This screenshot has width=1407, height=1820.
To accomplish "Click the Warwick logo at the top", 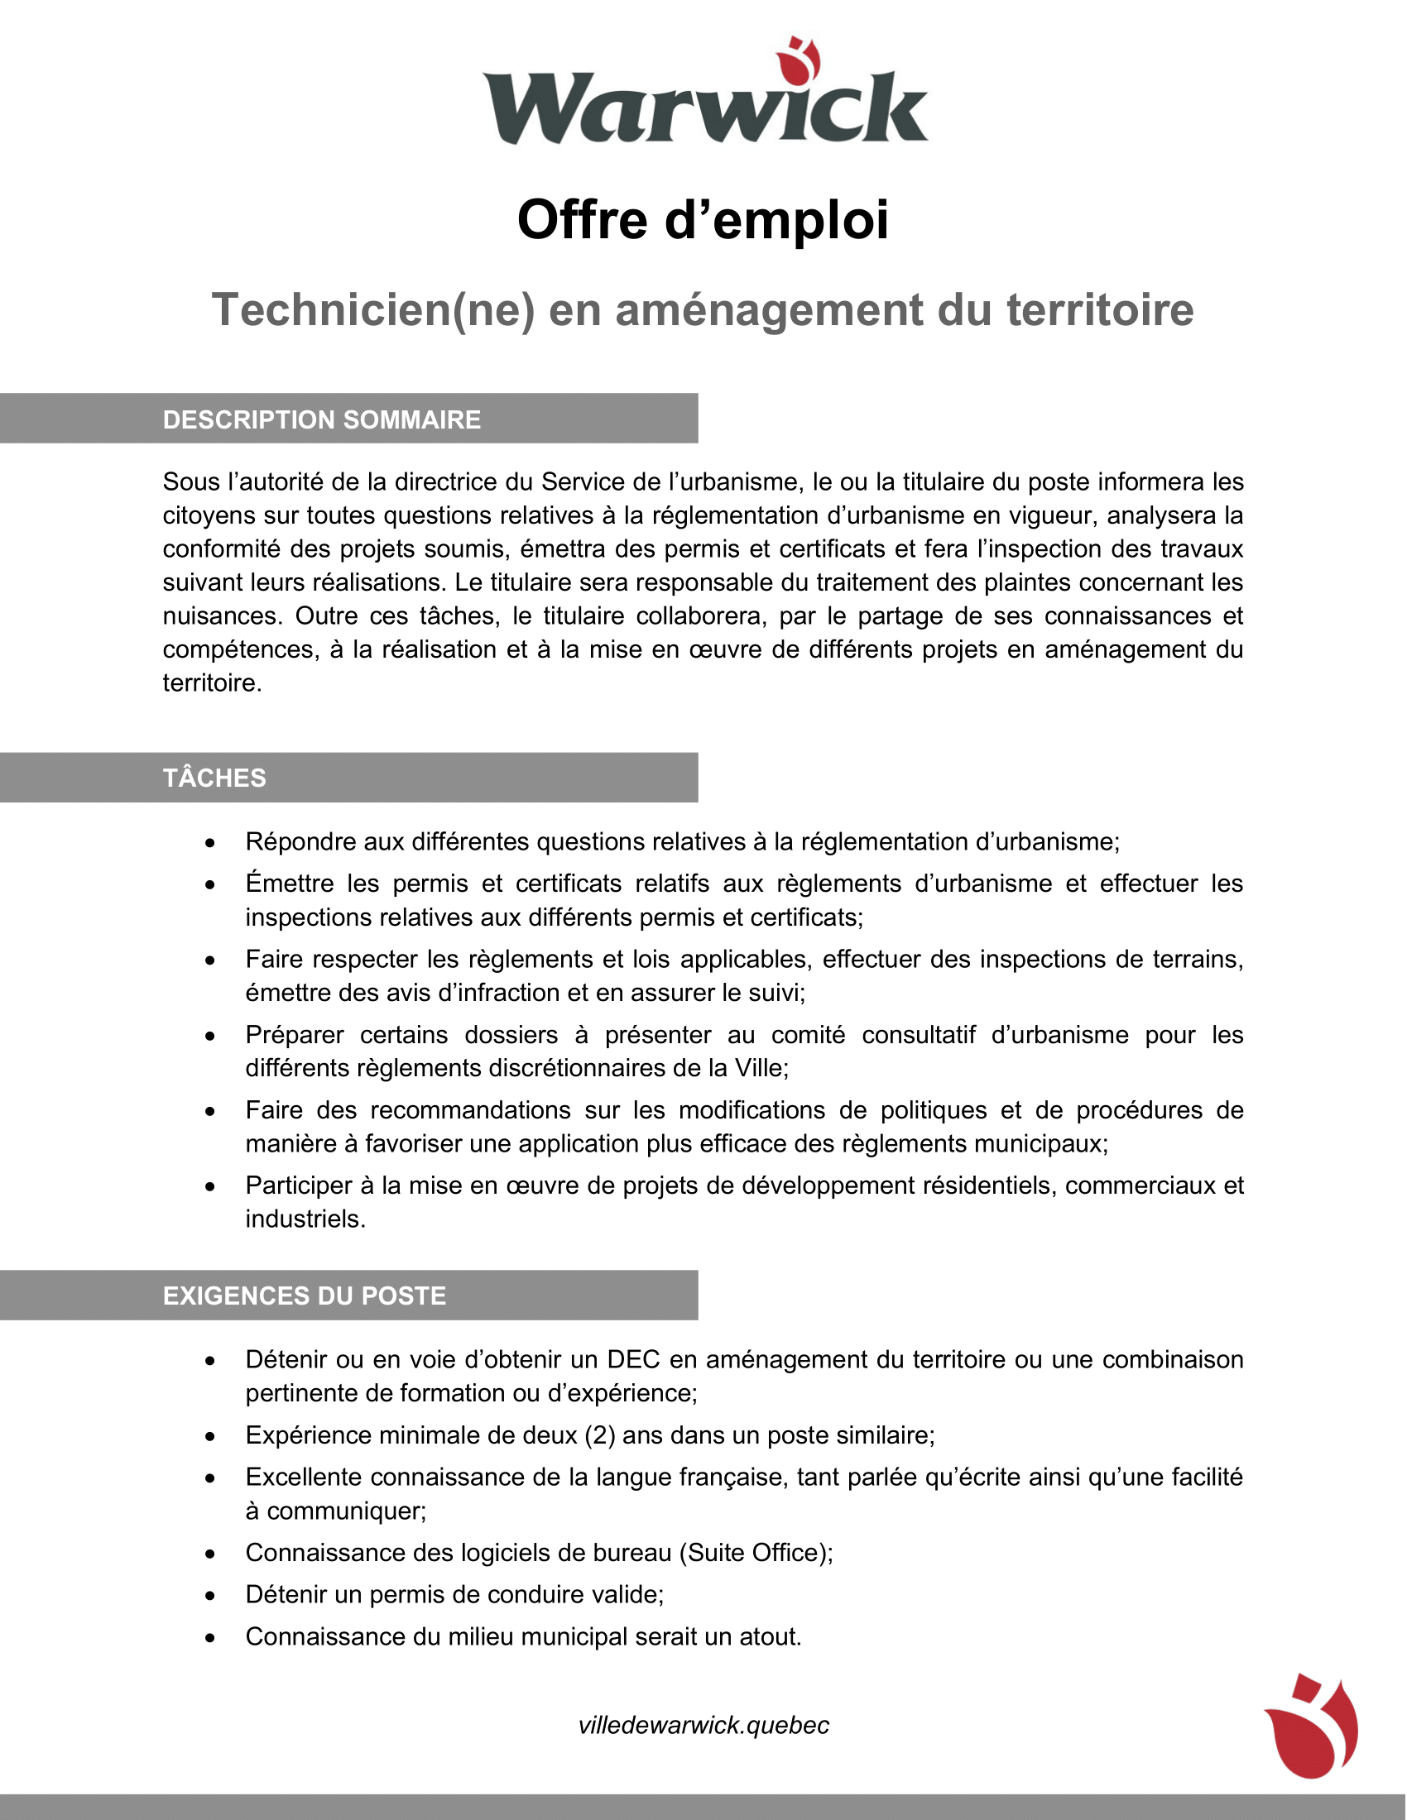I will pyautogui.click(x=704, y=96).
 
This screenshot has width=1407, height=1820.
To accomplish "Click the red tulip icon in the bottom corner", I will pyautogui.click(x=1311, y=1725).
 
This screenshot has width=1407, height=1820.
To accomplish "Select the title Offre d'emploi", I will pyautogui.click(x=703, y=220).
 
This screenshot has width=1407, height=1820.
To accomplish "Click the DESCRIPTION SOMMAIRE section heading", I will pyautogui.click(x=322, y=419).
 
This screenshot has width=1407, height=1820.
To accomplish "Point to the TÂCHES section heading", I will pyautogui.click(x=214, y=778).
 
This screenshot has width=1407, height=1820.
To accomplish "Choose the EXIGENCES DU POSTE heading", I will pyautogui.click(x=305, y=1296).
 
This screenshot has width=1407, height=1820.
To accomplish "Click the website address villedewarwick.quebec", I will pyautogui.click(x=703, y=1725).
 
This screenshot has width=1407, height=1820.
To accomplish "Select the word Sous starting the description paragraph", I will pyautogui.click(x=191, y=481).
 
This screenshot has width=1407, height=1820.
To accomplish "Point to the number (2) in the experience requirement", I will pyautogui.click(x=599, y=1435).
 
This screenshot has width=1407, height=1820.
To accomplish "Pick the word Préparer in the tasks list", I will pyautogui.click(x=295, y=1035).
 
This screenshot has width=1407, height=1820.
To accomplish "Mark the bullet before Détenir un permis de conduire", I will pyautogui.click(x=210, y=1596).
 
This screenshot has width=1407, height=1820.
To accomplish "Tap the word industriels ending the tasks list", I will pyautogui.click(x=305, y=1219).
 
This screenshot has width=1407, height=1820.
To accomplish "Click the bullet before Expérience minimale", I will pyautogui.click(x=210, y=1437).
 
